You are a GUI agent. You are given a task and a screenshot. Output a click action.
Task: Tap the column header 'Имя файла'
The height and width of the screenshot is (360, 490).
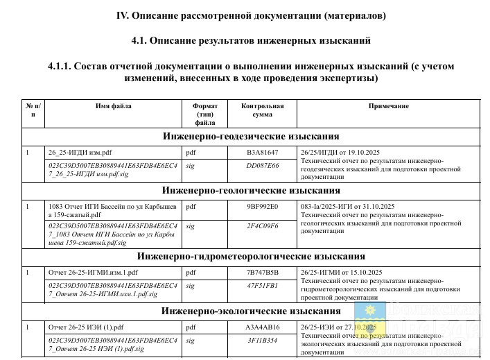(x=113, y=106)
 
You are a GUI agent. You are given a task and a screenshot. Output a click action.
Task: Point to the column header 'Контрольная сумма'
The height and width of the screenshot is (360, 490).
(x=262, y=110)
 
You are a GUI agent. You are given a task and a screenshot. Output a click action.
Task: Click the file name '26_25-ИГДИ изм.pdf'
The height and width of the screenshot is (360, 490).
(x=80, y=152)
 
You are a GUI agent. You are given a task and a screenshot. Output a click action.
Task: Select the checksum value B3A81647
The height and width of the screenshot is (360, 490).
(x=262, y=152)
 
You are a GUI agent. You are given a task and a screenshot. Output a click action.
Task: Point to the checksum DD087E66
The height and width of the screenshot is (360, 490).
(x=262, y=166)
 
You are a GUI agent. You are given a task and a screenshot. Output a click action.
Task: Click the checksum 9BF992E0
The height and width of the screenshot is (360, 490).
(x=262, y=206)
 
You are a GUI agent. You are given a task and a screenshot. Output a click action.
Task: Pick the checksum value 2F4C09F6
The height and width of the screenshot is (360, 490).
(x=262, y=226)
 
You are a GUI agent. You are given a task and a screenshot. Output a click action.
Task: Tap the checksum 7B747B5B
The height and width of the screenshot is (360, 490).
(x=262, y=272)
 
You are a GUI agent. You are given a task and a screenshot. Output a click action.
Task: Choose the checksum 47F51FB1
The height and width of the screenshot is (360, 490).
(x=262, y=285)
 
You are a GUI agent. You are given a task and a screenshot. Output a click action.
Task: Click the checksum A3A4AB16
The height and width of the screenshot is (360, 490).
(x=262, y=327)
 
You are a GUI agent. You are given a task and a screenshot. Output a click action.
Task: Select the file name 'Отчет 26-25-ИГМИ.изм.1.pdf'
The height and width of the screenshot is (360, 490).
(x=93, y=272)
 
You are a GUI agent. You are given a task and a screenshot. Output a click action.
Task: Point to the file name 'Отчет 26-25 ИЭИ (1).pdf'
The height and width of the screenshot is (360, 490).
(x=86, y=327)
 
